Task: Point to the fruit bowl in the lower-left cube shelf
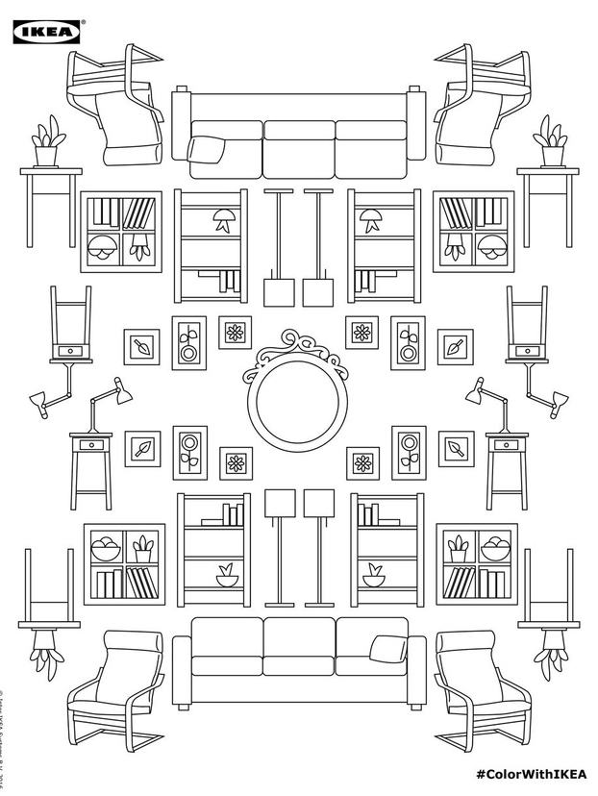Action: pos(105,551)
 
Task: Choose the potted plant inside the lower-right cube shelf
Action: pos(459,548)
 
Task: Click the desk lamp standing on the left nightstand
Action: pos(105,404)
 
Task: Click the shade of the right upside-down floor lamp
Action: pos(316,288)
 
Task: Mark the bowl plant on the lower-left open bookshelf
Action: pos(227,576)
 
